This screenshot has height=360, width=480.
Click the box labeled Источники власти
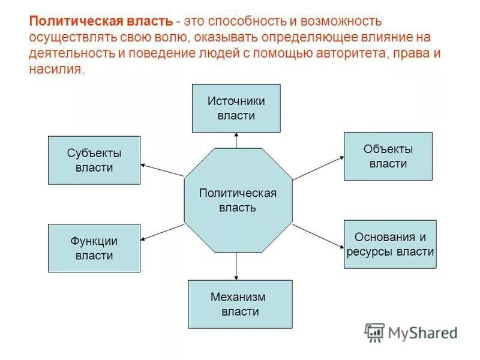236,108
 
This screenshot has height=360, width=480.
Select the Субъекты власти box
94,160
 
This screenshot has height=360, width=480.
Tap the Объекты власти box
388,156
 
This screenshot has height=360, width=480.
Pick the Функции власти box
94,248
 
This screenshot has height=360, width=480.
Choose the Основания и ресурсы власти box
390,244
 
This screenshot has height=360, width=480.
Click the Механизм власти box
240,304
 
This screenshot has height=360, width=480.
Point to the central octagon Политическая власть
238,200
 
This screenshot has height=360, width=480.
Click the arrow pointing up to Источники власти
236,140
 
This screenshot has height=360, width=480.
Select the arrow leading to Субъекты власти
161,170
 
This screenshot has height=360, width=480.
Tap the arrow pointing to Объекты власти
318,169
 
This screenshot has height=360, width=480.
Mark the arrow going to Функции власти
162,232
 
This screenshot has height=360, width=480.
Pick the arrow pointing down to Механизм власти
236,266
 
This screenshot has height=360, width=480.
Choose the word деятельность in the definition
68,53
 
